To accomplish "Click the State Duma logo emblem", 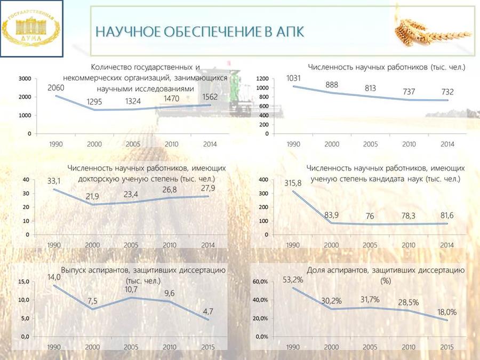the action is point(31,28).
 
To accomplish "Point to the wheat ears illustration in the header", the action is point(431,33).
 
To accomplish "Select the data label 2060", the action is point(55,88).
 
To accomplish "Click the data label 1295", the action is point(94,102).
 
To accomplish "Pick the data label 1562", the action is point(210,97).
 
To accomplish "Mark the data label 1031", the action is point(293,78).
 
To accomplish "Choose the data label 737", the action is point(409,92).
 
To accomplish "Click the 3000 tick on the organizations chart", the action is point(25,79).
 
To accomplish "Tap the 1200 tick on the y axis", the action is point(262,79).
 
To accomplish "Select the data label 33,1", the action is point(54,181).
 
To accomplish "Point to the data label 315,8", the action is point(293,183).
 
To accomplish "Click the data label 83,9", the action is point(331,215).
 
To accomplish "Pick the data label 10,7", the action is point(131,289).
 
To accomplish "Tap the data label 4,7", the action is point(208,311).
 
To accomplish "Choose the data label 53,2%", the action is point(293,279).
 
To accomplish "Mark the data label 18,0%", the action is point(447,312).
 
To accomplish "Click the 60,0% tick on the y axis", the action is point(260,282).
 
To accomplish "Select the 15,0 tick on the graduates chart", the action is point(23,282).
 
